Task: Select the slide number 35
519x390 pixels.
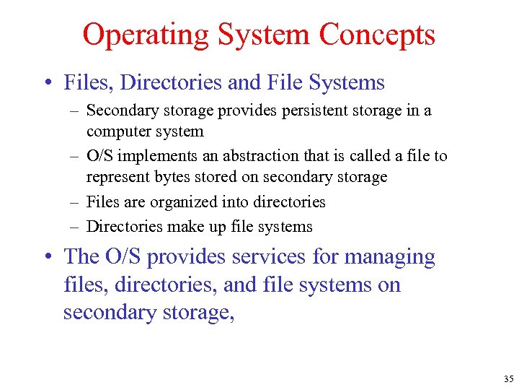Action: point(508,378)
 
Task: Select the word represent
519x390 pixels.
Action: point(115,177)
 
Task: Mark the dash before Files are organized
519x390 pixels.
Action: point(74,203)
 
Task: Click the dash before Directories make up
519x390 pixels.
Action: point(74,227)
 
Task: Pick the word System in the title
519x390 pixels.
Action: point(271,35)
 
